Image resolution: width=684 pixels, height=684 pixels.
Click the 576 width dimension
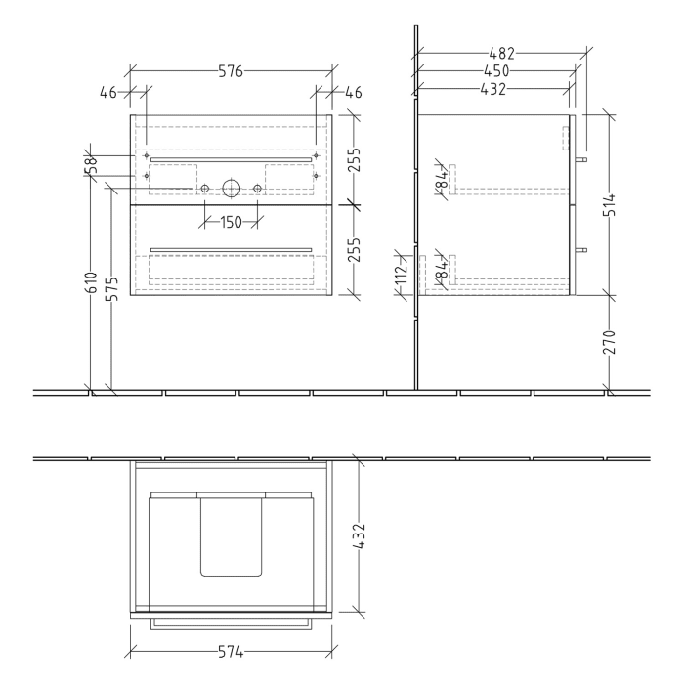231,70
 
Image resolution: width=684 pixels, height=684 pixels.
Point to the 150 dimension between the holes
231,223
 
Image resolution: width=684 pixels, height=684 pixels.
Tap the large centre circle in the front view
232,188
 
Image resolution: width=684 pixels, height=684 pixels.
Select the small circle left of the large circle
204,188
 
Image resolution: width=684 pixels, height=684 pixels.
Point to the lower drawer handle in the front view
231,249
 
